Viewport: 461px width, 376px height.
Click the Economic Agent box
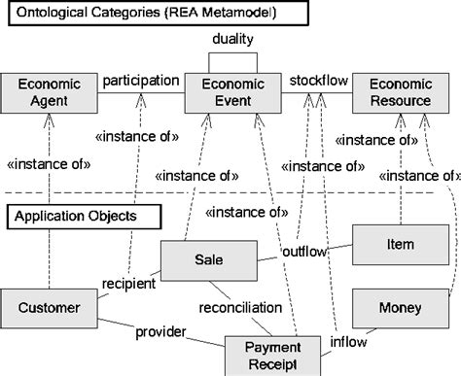49,90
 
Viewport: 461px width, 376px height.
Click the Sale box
206,259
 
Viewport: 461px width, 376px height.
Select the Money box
399,308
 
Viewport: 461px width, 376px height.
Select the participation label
141,80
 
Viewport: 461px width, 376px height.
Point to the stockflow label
313,80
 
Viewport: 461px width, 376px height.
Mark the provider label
160,331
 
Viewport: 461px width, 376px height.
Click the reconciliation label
239,308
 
